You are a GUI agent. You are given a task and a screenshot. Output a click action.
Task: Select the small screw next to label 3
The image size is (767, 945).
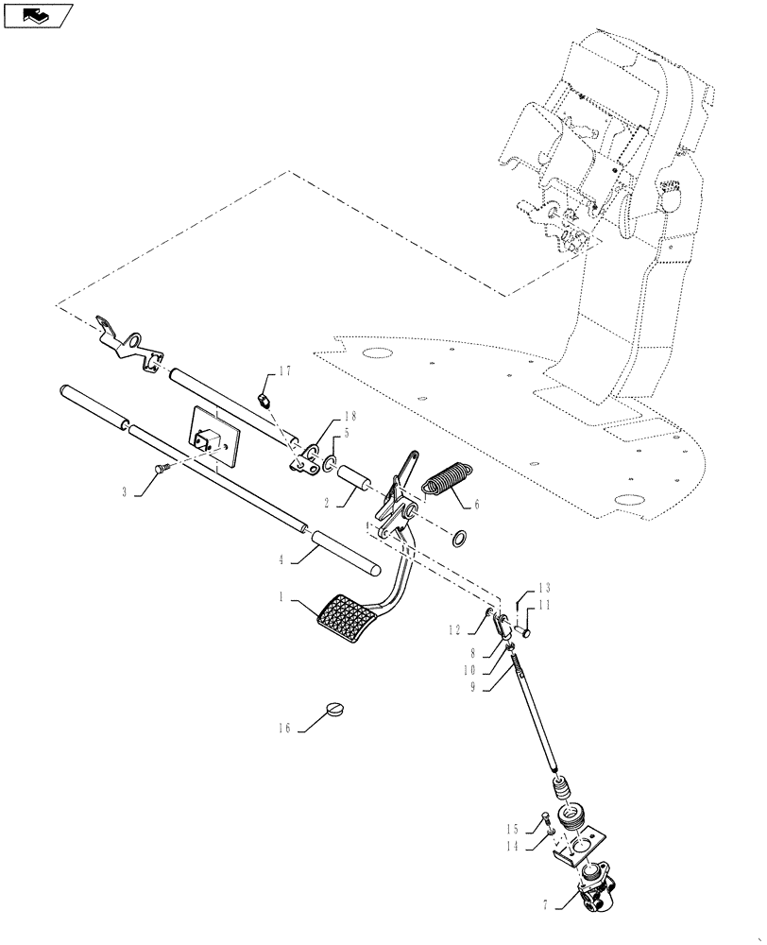(161, 466)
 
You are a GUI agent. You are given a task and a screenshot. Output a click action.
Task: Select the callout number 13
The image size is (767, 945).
(544, 587)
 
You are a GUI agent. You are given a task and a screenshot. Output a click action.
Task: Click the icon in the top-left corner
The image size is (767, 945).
(36, 14)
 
